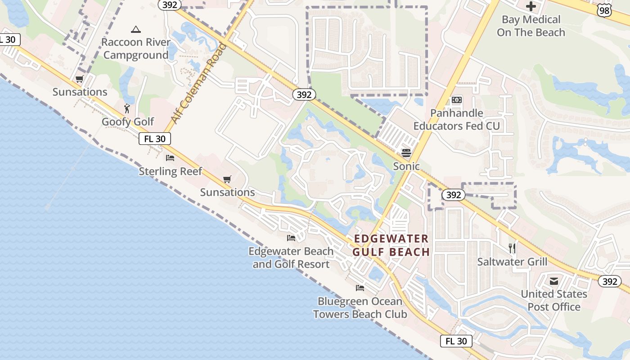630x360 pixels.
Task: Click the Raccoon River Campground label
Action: [136, 49]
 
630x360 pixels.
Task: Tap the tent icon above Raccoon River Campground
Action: [135, 30]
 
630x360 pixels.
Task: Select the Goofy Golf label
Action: [128, 122]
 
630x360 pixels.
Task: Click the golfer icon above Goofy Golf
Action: [127, 108]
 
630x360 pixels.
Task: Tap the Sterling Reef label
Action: [171, 171]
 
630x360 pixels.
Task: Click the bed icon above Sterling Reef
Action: [170, 157]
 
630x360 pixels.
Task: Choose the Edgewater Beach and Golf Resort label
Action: [291, 258]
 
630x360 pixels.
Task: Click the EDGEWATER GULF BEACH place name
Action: [391, 245]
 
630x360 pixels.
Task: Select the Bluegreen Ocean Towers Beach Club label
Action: [360, 308]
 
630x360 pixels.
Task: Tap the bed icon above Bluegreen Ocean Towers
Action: [360, 288]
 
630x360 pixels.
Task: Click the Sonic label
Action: [406, 166]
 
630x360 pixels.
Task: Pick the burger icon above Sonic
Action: [406, 153]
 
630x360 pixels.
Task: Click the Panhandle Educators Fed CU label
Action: [457, 120]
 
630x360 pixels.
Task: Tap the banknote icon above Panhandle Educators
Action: [457, 100]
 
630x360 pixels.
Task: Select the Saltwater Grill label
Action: [512, 262]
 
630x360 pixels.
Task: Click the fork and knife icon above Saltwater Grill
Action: [512, 248]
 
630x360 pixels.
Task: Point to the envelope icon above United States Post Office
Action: [554, 281]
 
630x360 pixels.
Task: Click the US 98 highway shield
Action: [605, 10]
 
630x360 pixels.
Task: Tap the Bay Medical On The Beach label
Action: [531, 26]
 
